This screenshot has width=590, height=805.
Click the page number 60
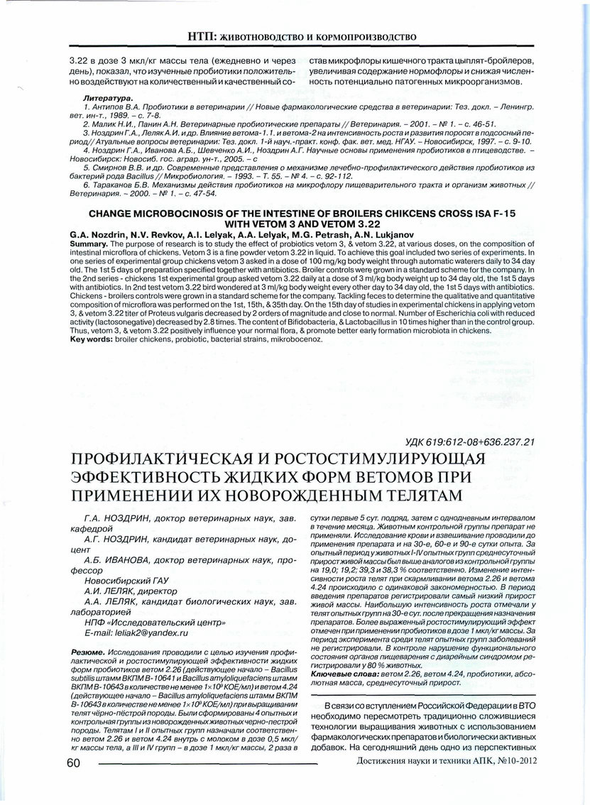pyautogui.click(x=73, y=762)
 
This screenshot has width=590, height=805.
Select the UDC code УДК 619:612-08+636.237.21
pyautogui.click(x=469, y=442)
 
